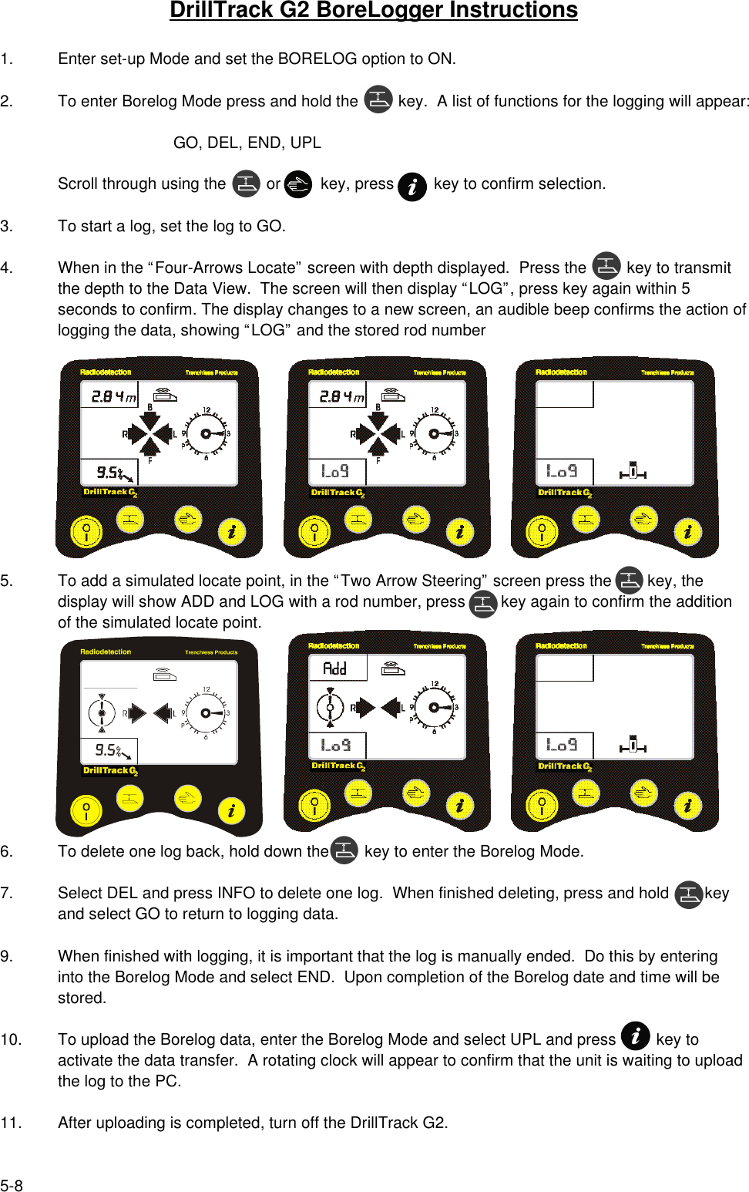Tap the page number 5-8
click(12, 1186)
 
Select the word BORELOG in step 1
click(317, 59)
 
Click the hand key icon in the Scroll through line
click(297, 184)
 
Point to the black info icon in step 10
click(635, 1035)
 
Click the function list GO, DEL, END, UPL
click(247, 143)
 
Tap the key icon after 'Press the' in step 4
click(606, 266)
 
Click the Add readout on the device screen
click(335, 668)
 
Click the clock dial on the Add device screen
click(435, 707)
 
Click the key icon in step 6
click(344, 850)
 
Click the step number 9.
click(6, 957)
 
